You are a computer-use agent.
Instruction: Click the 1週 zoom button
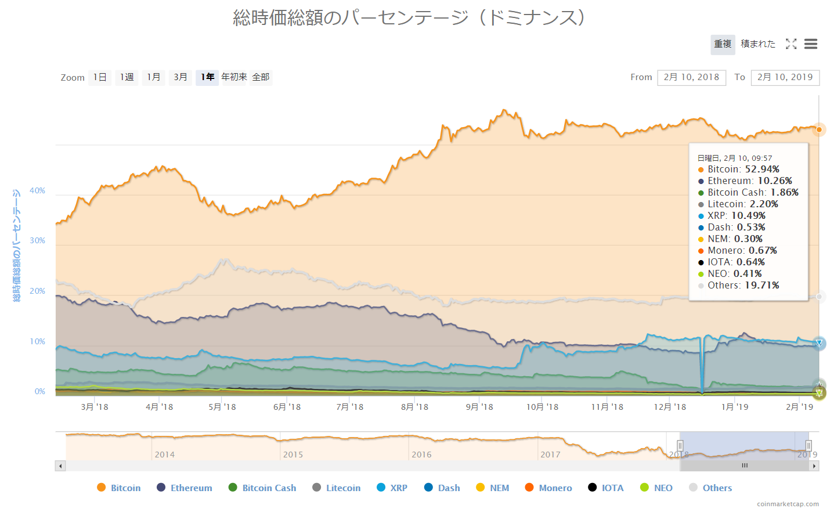[x=127, y=77]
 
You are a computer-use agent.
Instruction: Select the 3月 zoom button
[x=180, y=77]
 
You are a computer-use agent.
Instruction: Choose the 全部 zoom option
[x=261, y=77]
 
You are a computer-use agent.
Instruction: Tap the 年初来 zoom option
[x=234, y=77]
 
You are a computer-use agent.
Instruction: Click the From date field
[x=691, y=77]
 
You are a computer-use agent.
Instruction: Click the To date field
[x=785, y=77]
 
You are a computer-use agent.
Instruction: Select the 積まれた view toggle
[x=758, y=44]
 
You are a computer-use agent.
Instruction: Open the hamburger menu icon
[x=811, y=44]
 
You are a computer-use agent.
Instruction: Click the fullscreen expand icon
[x=791, y=44]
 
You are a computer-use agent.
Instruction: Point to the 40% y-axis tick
[x=37, y=191]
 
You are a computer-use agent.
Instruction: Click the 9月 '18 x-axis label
[x=479, y=407]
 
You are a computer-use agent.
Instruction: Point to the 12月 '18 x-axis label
[x=670, y=407]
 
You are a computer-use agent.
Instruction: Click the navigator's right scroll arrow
[x=814, y=466]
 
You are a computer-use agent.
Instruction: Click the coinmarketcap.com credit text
[x=788, y=504]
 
